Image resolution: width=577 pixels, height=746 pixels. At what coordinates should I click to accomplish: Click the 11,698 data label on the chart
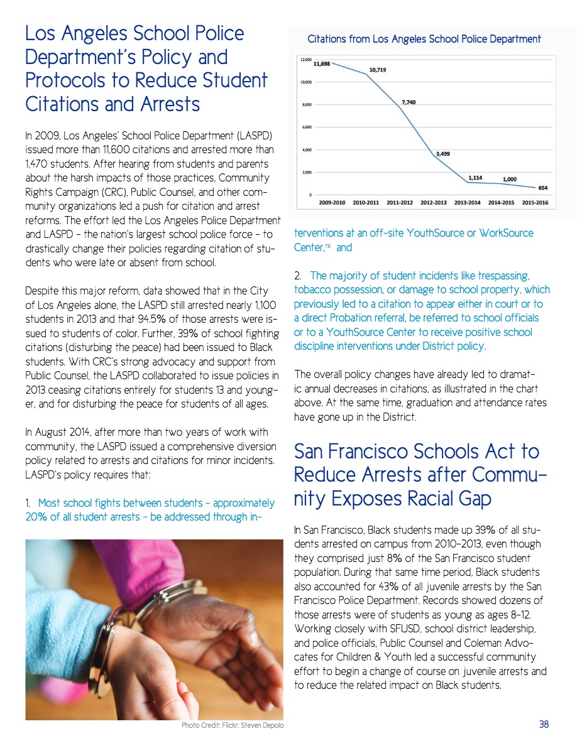point(322,64)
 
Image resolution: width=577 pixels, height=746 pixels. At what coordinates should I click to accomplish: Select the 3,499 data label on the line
point(442,153)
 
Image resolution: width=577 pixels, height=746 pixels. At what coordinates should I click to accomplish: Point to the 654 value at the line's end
point(542,188)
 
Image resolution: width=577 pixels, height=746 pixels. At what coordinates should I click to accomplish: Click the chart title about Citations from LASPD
point(424,39)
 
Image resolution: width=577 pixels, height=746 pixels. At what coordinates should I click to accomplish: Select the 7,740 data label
point(409,102)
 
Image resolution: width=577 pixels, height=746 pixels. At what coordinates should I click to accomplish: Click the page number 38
point(544,725)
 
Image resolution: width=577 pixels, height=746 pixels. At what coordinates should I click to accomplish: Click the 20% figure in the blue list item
point(37,517)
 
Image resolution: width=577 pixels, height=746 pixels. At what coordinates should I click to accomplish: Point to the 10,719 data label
point(378,70)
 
